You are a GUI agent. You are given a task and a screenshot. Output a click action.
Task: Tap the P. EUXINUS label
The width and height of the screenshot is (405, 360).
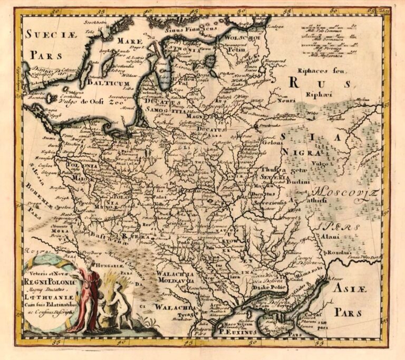pos(238,331)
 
